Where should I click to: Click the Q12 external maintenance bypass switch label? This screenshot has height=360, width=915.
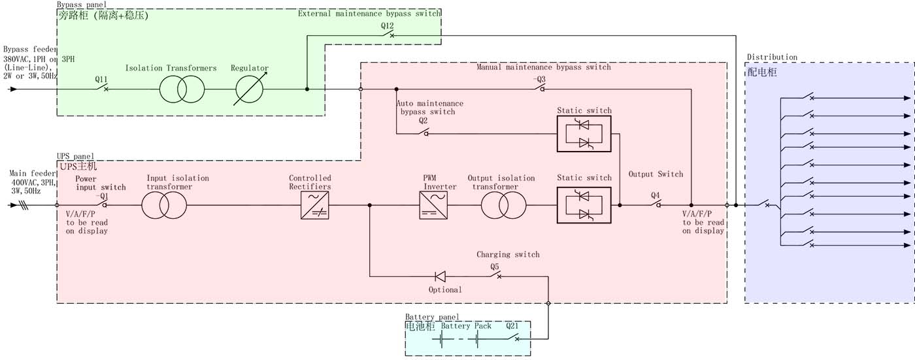pos(388,25)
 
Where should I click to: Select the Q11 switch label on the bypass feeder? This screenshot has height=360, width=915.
pos(101,79)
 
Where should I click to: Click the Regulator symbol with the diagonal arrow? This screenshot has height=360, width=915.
pos(250,89)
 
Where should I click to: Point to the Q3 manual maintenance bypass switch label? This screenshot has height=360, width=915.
pos(539,79)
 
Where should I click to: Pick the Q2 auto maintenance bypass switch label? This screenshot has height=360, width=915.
pos(424,120)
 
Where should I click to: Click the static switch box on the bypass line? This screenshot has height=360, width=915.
pos(584,134)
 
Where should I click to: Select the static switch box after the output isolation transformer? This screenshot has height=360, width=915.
pos(584,205)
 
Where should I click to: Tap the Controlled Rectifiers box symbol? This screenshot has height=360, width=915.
pos(315,205)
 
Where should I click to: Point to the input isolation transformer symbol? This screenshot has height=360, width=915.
pos(164,205)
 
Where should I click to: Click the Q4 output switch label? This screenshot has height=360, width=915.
pos(656,195)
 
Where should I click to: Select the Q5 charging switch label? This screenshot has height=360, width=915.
pos(495,267)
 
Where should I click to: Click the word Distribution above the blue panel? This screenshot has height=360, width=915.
pos(772,57)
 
